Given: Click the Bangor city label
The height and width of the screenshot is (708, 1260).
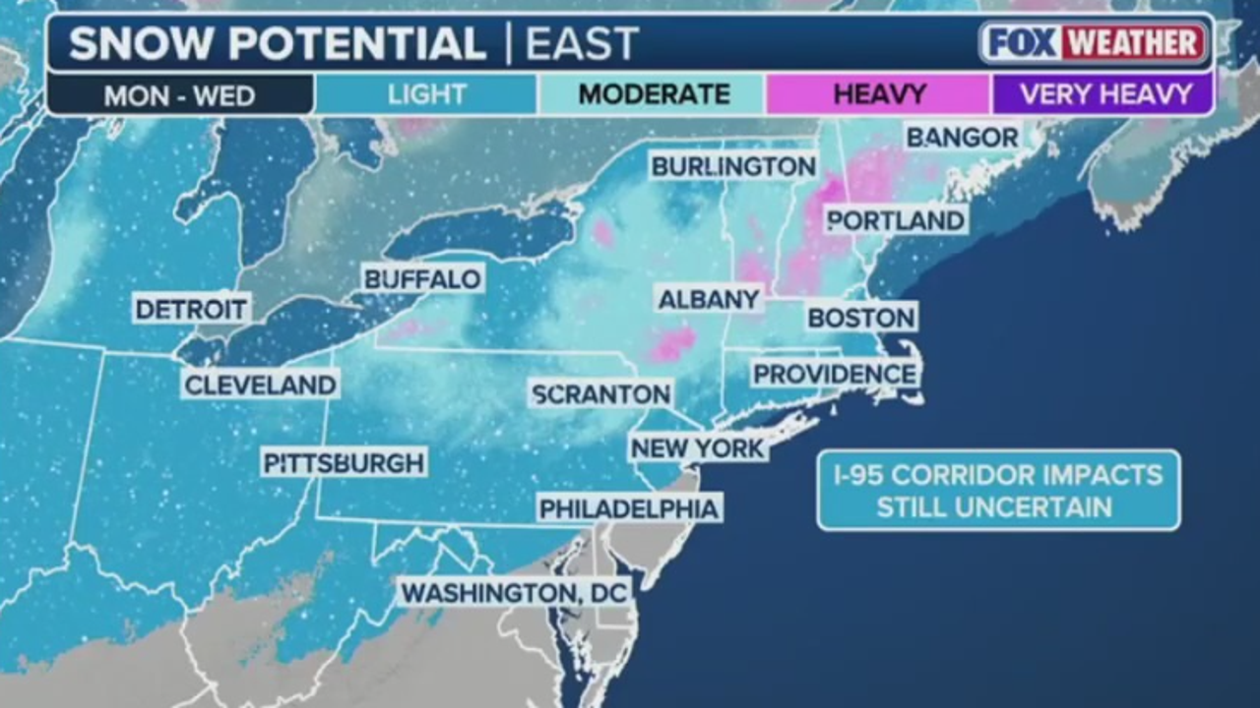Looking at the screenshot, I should click(962, 138).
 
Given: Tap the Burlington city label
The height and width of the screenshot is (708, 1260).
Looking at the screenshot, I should click(733, 166).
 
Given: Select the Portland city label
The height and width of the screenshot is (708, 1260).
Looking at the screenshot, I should click(895, 220).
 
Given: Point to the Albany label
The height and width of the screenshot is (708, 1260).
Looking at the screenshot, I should click(709, 300).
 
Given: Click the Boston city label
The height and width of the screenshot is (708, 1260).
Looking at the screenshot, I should click(861, 318).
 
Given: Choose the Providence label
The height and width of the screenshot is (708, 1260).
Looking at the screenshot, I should click(835, 375).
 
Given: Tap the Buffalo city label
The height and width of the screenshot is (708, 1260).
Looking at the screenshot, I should click(422, 279).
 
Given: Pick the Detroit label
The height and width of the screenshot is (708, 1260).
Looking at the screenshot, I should click(191, 310).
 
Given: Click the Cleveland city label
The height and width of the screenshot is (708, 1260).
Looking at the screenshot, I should click(260, 384).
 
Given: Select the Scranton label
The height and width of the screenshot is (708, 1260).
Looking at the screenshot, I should click(600, 394).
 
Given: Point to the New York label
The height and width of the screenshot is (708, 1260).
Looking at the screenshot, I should click(698, 448).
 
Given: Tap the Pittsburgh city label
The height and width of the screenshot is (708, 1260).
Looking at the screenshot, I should click(344, 462).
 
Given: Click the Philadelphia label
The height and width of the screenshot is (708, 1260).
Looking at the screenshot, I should click(629, 508).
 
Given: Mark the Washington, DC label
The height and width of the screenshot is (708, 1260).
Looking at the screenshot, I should click(515, 593).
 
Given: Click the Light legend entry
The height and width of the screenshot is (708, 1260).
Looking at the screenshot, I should click(426, 94).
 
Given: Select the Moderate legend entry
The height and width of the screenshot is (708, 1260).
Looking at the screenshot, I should click(654, 94).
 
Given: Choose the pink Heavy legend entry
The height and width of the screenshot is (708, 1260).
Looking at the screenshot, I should click(879, 94).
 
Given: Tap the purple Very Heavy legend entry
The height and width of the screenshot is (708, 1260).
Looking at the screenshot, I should click(1105, 94).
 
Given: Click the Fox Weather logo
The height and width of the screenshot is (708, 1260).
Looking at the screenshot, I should click(1093, 43).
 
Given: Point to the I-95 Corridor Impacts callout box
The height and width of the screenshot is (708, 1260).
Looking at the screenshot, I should click(998, 491).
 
